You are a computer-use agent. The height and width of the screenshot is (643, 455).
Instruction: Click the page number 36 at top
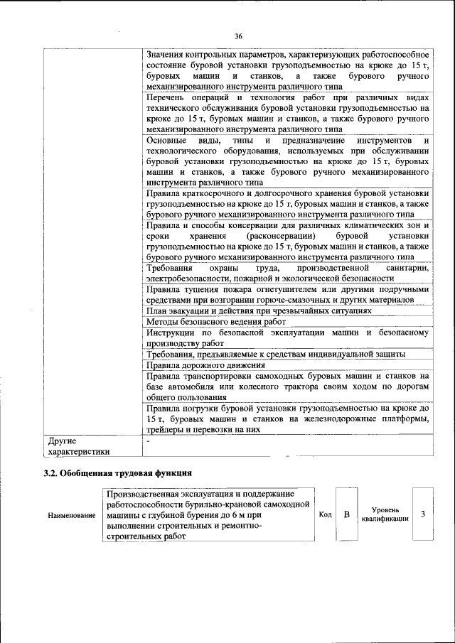point(238,36)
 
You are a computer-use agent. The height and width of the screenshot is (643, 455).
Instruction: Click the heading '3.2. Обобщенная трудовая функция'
point(118,473)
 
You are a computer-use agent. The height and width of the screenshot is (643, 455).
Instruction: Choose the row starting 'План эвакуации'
point(259,311)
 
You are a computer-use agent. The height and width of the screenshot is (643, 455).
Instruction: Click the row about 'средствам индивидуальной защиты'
point(276,353)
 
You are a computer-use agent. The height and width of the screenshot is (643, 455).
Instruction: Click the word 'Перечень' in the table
point(166,97)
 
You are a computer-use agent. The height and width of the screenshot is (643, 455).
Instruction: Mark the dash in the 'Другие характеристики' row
point(148,441)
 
